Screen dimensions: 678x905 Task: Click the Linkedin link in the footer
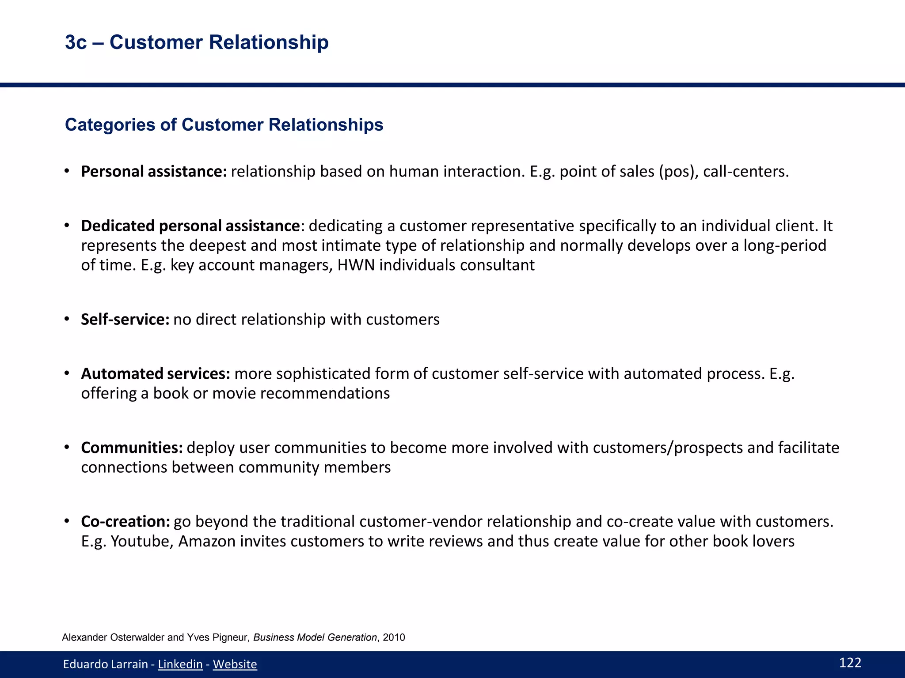coord(180,664)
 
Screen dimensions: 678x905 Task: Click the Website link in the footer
coord(235,664)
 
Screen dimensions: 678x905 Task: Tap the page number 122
coord(850,663)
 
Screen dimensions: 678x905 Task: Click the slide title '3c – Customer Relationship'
coord(197,42)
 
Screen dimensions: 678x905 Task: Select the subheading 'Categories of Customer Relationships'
coord(224,125)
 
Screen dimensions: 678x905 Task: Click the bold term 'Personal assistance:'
coord(154,172)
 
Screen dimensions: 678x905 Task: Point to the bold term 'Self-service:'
coord(125,320)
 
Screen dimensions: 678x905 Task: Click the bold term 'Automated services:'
coord(156,374)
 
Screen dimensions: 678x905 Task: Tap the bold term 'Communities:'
coord(132,448)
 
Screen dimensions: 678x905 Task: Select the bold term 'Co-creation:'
coord(125,522)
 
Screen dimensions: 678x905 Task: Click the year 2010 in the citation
coord(394,637)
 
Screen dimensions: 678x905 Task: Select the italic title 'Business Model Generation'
coord(315,637)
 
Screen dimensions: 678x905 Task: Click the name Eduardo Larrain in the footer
coord(105,664)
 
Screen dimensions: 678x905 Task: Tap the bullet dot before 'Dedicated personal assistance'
coord(67,226)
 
